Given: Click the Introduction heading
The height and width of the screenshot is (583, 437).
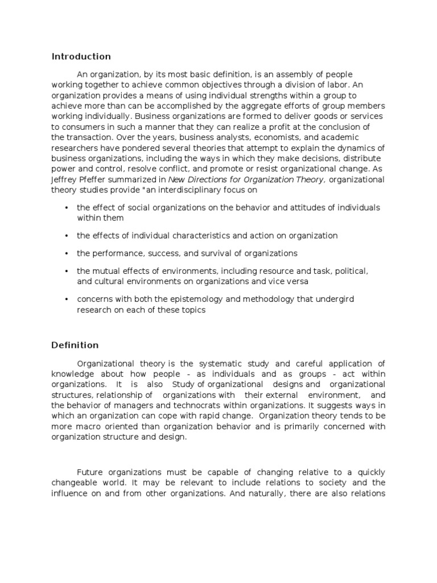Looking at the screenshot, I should tap(81, 56).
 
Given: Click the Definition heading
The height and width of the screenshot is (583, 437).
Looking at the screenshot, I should tap(75, 345).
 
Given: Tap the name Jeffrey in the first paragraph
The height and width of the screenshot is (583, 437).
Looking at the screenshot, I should tap(66, 179).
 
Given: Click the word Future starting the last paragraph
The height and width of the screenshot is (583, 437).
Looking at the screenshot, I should tap(90, 472).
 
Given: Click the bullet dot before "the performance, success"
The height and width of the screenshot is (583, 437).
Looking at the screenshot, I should tap(67, 253).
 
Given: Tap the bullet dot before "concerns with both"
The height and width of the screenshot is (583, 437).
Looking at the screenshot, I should tap(67, 299).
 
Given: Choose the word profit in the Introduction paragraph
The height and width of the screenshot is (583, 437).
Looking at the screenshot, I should tap(255, 127).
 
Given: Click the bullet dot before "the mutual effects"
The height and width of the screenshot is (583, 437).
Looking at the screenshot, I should tap(67, 271).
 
